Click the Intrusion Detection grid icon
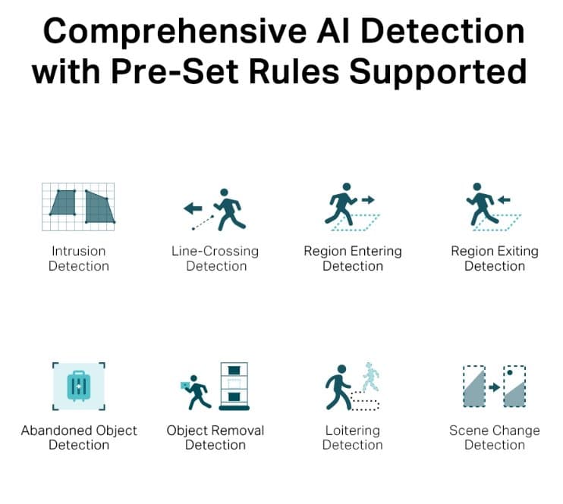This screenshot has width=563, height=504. pos(79,205)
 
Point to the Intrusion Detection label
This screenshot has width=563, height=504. pos(79,258)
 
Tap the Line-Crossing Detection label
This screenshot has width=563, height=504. pos(215,258)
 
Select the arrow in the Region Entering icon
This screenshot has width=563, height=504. pos(368,200)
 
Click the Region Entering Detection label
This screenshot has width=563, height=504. pos(353,258)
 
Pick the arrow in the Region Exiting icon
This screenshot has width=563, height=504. pos(503,200)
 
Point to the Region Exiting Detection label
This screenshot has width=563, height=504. pos(495,258)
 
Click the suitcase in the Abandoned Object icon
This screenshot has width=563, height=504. pos(79,386)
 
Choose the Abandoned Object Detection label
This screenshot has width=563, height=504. pos(79,437)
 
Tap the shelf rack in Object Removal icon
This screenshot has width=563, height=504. pos(234,387)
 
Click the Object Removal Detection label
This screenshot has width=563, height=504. pos(215,437)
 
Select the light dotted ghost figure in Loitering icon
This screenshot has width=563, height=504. pos(370,377)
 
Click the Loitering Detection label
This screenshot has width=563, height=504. pos(353,437)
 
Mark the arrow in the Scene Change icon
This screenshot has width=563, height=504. pos(494,387)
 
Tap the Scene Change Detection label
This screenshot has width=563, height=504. pos(495,437)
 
